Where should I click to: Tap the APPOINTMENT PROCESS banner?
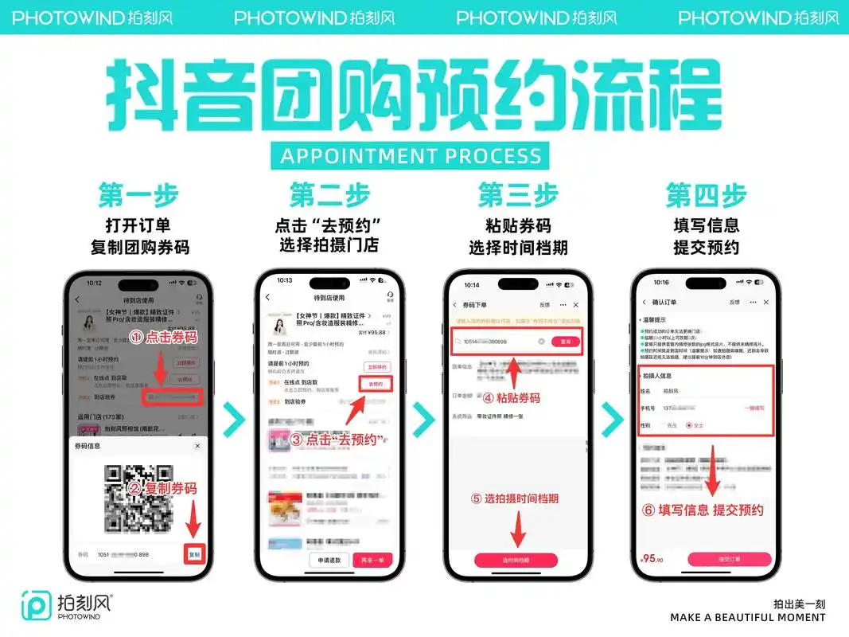[x=411, y=154]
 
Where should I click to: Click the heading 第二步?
[x=329, y=195]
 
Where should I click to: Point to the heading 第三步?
[x=518, y=195]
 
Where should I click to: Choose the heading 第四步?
[x=706, y=195]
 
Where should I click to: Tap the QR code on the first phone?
[x=138, y=498]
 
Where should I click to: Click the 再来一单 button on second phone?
[x=372, y=560]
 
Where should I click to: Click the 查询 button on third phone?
[x=566, y=341]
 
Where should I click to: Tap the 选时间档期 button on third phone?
[x=517, y=560]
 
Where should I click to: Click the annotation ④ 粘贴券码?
[x=516, y=397]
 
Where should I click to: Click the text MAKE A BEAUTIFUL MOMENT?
[x=747, y=617]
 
